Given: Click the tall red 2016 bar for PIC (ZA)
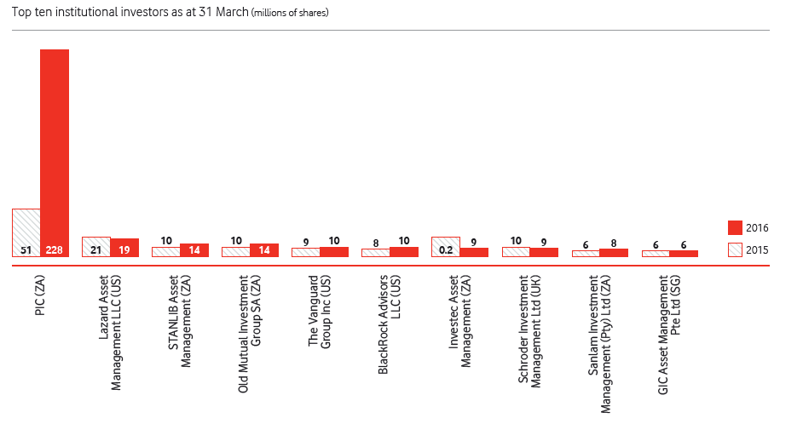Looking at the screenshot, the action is click(55, 153).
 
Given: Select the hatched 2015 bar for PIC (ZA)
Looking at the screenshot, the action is click(26, 232).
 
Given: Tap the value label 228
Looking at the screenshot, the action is click(55, 249).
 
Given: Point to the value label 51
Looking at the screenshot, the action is click(26, 250).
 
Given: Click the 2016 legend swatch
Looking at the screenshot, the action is click(735, 227).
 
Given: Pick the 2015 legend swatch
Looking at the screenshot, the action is click(735, 249).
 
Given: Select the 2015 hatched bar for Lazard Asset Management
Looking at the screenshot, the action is click(96, 247).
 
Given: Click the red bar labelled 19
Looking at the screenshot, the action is click(124, 248).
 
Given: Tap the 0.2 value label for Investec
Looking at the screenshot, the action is click(446, 250).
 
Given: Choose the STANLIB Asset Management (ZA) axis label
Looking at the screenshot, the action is click(180, 321).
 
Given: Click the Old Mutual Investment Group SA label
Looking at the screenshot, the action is click(250, 334).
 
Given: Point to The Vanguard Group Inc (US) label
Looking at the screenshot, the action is click(320, 312).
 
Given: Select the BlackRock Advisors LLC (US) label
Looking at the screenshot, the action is click(390, 324).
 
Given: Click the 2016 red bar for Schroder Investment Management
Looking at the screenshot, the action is click(544, 252).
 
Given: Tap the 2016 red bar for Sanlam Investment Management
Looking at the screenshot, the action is click(614, 253).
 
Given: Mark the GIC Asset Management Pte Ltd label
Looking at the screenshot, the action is click(669, 335).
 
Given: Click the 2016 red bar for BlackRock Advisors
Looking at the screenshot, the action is click(404, 252).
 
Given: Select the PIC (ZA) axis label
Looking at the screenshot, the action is click(40, 295).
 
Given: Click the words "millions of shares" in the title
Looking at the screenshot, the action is click(291, 13).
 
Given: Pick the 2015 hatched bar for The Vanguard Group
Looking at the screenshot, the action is click(306, 252).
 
